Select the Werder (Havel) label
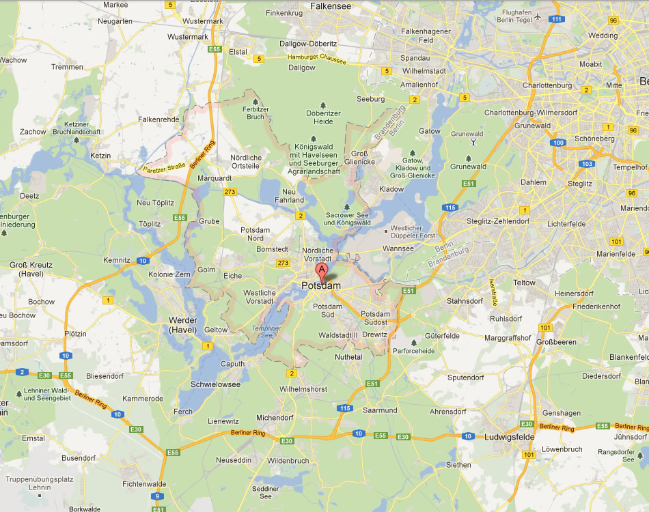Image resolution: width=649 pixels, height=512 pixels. (183, 325)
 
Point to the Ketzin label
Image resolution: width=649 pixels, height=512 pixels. (100, 156)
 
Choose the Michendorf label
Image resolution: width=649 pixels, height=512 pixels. (275, 417)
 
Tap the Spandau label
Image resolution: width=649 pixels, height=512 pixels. (415, 58)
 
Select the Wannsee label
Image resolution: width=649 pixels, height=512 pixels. (397, 248)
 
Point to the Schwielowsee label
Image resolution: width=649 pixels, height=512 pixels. (216, 384)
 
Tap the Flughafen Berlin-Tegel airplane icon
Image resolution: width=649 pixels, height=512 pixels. (538, 16)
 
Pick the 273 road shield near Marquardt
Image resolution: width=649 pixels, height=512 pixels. (230, 192)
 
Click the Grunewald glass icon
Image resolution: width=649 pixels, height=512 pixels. (473, 142)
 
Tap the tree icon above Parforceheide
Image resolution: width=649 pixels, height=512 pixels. (413, 342)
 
